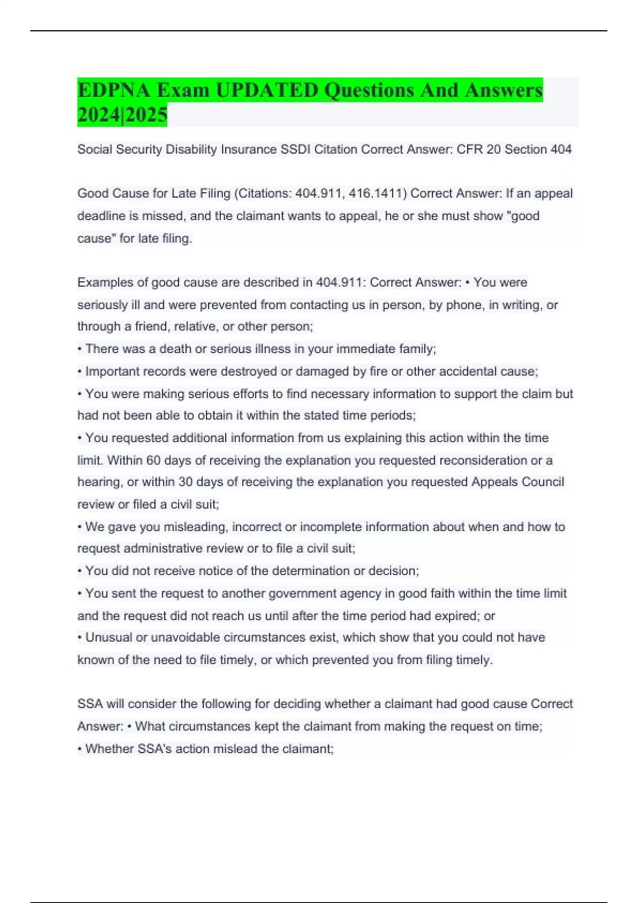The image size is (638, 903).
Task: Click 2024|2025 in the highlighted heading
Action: pyautogui.click(x=122, y=115)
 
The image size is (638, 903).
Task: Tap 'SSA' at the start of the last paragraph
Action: pyautogui.click(x=90, y=704)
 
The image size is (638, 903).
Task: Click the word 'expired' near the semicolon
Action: pyautogui.click(x=458, y=616)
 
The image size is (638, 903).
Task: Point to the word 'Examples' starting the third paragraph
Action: pyautogui.click(x=104, y=283)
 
